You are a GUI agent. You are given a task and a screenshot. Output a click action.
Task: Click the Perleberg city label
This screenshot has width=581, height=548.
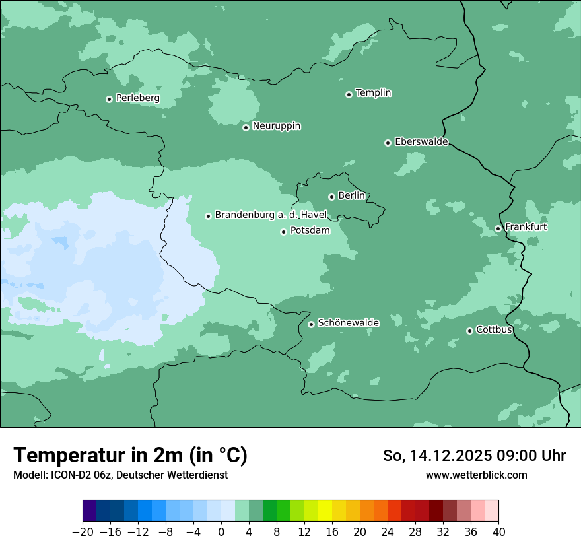coord(137,98)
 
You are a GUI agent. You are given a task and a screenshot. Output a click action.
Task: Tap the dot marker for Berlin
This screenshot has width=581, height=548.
coord(331,197)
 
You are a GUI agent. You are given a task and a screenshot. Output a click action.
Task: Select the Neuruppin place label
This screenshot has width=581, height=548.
coord(276,126)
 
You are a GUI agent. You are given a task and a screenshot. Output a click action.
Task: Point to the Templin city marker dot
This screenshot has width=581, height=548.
coord(349,94)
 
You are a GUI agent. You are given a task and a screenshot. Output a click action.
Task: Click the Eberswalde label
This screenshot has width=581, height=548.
coord(421,142)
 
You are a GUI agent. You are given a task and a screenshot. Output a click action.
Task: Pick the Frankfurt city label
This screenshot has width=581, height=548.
coord(526,227)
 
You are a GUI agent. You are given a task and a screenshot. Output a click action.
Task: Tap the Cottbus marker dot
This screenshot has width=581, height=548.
coord(469,331)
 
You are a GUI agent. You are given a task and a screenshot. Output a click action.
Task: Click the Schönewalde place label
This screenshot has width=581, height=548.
coord(348,323)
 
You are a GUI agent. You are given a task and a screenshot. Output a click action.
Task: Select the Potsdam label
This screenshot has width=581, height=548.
coord(310,231)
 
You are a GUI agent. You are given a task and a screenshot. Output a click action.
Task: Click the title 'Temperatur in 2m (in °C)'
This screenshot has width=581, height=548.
coord(130,455)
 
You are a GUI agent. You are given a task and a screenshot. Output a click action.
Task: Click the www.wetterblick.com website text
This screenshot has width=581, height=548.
coord(476,475)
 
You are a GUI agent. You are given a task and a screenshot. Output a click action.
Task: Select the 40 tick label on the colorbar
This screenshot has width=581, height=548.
coord(498,532)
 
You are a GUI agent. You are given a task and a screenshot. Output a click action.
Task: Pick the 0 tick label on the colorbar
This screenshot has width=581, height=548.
coord(221,532)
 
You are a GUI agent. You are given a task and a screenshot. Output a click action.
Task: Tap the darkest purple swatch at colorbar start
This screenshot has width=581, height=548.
coord(90,511)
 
